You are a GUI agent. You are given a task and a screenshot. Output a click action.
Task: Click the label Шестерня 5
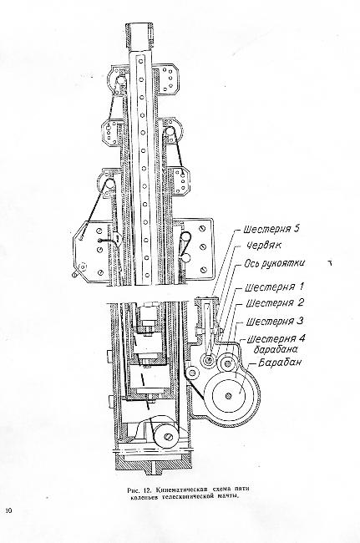[271, 229]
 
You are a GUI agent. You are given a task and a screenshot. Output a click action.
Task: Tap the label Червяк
[264, 246]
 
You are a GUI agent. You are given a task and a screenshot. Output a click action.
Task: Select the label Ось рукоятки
[275, 263]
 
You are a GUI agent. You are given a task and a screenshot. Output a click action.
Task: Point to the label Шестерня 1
[275, 287]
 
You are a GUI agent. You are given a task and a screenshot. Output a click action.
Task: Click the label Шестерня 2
[275, 303]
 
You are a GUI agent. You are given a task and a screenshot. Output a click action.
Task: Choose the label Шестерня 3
[275, 322]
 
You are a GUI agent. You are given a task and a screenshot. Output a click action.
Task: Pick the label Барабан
[280, 363]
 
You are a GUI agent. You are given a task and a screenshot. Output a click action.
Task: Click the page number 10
[8, 510]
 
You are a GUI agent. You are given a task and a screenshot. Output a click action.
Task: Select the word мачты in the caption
[229, 497]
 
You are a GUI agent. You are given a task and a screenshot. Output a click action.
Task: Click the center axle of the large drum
[229, 395]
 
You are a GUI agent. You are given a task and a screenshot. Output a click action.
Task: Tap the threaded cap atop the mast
[140, 32]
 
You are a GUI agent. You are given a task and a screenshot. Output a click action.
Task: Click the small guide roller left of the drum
[191, 373]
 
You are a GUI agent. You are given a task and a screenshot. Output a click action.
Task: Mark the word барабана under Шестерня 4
[276, 349]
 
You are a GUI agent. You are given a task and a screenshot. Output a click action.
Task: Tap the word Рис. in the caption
[132, 490]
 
